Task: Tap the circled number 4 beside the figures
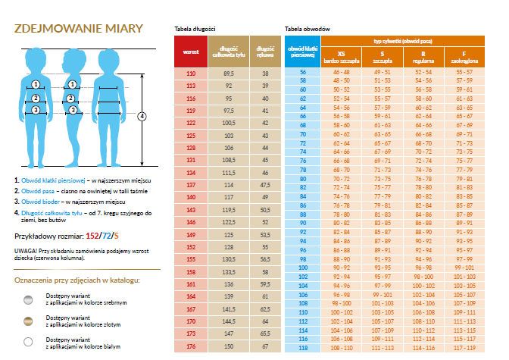[142, 116]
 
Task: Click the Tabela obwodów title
[307, 28]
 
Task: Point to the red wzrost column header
[190, 52]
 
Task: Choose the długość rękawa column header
[265, 52]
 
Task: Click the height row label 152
[190, 247]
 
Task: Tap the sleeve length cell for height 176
[265, 346]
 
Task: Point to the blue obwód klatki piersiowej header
[302, 52]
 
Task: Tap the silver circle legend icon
[29, 299]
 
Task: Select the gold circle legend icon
[29, 321]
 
